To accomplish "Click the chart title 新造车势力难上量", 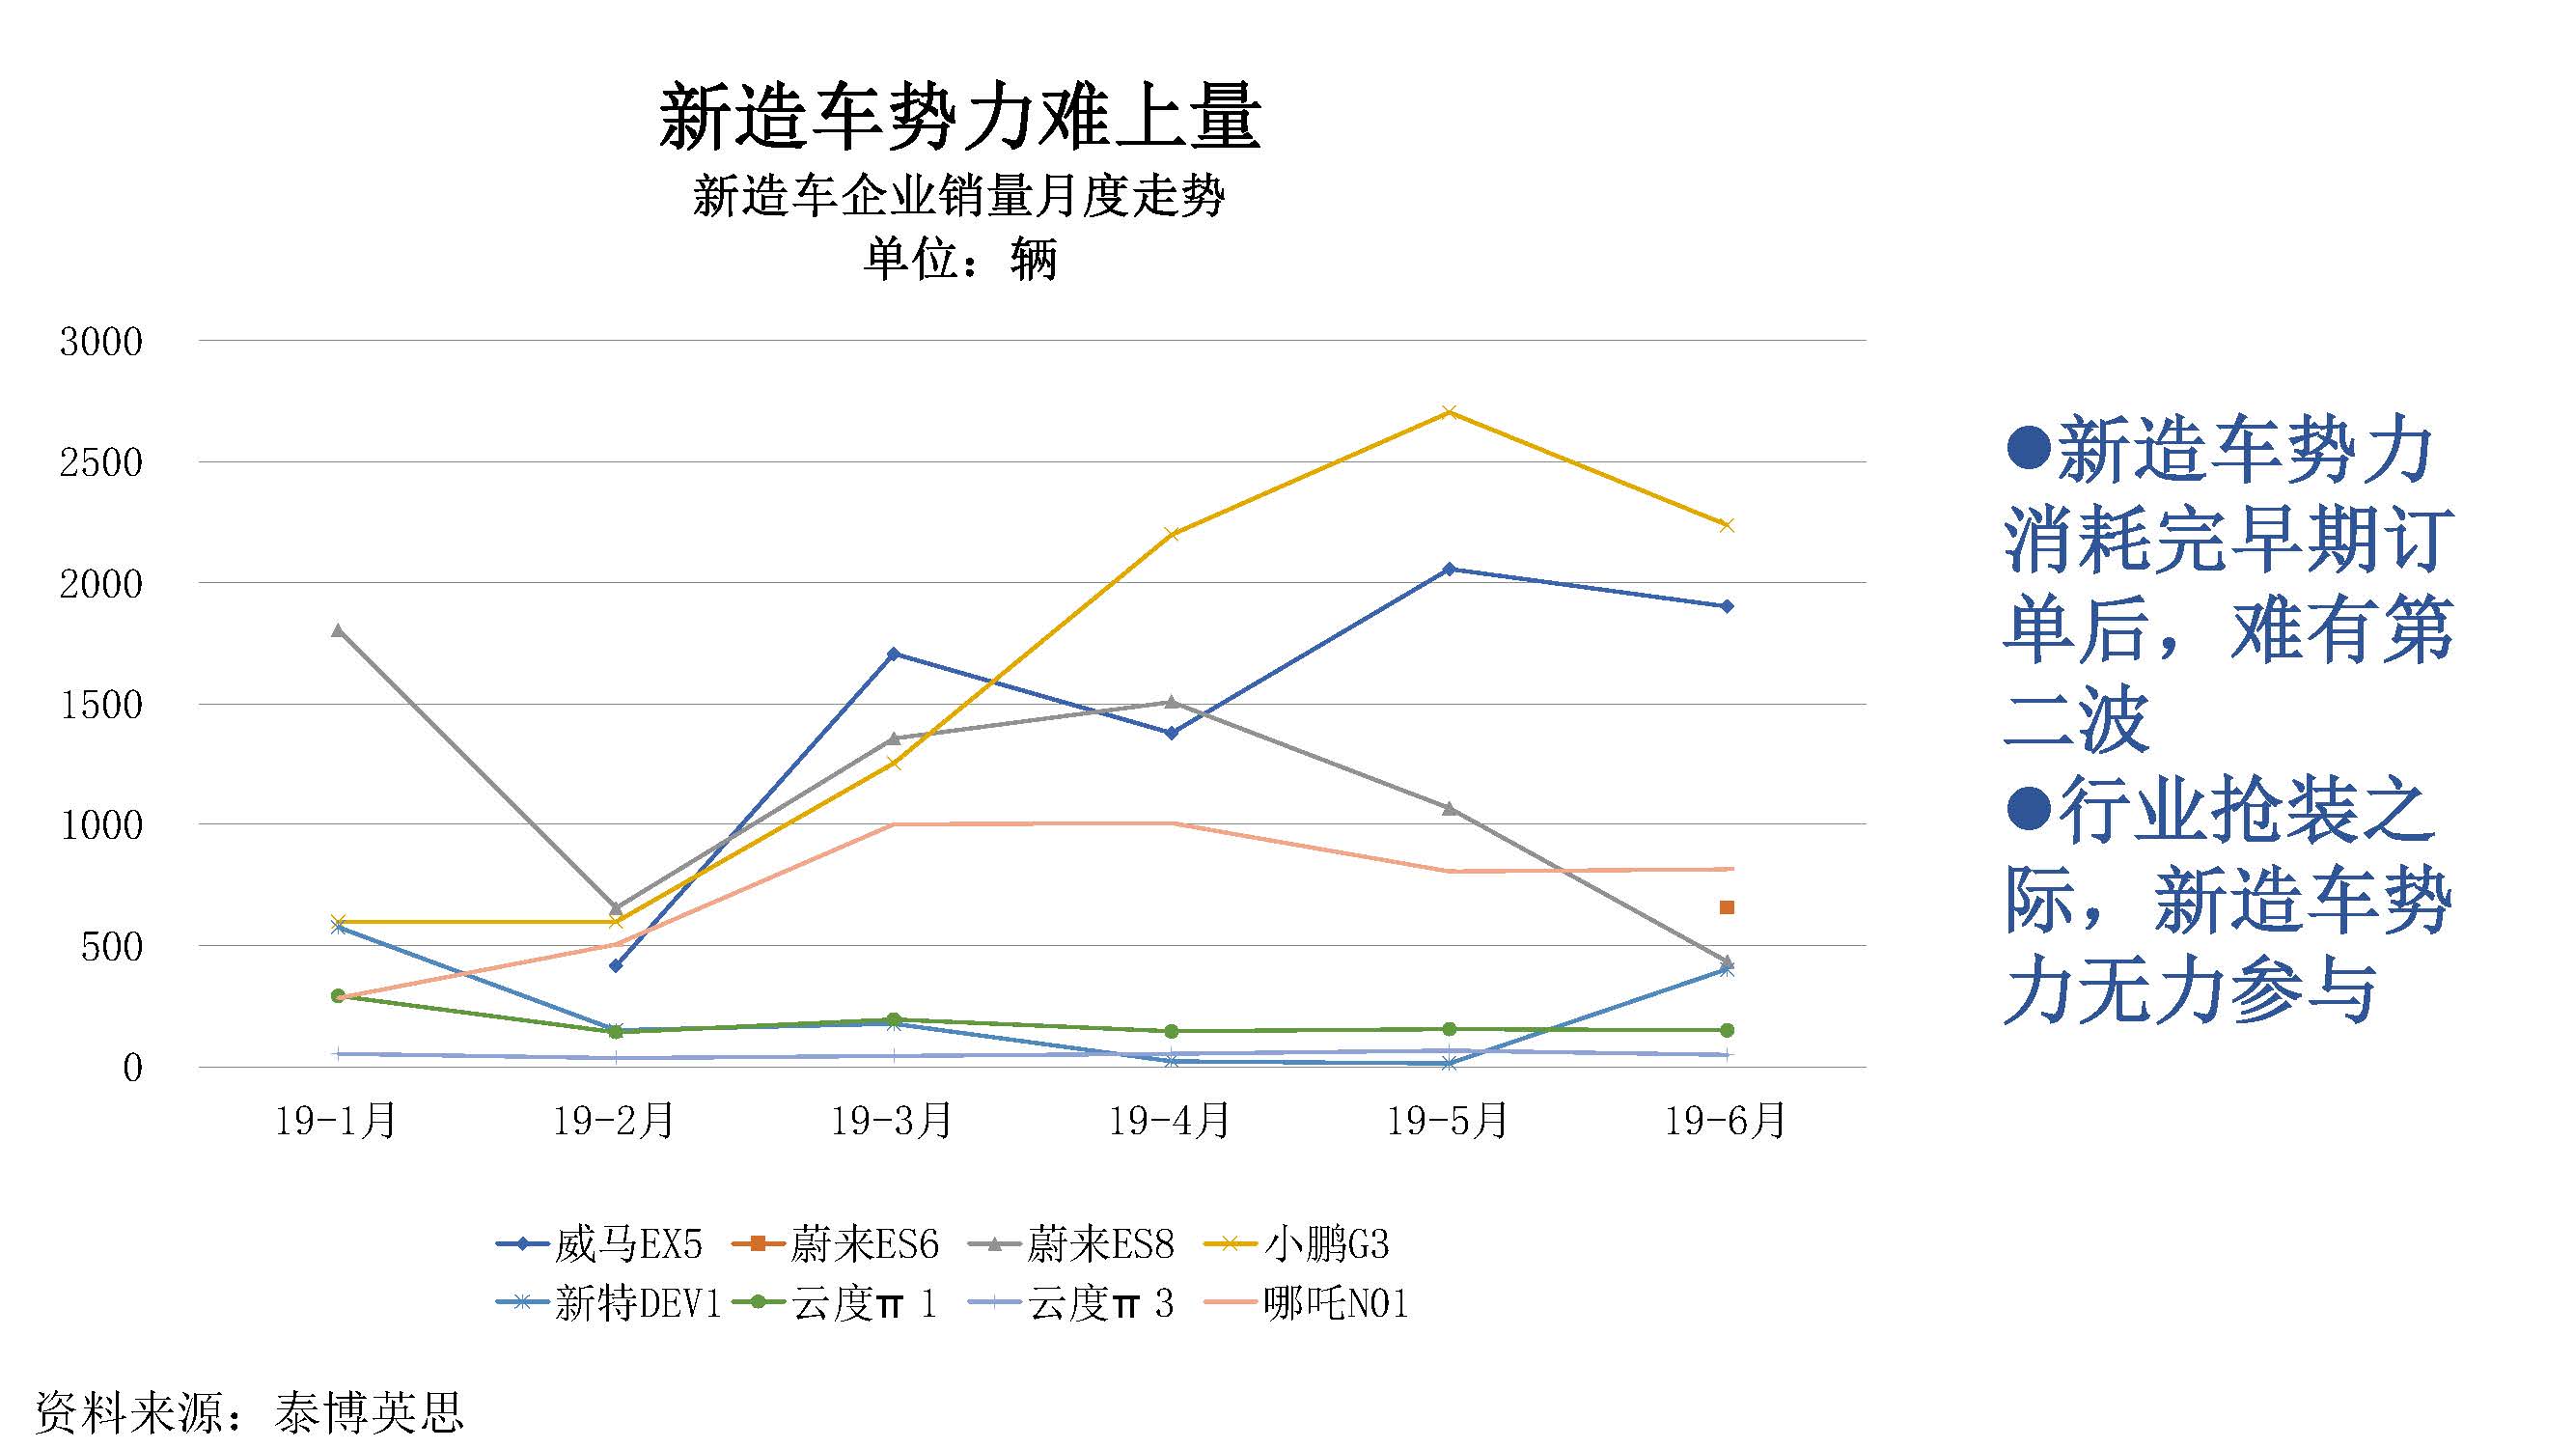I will pyautogui.click(x=959, y=118).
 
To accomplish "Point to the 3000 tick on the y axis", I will pyautogui.click(x=101, y=343).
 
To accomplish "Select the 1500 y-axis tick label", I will pyautogui.click(x=101, y=706).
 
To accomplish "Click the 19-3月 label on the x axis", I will pyautogui.click(x=893, y=1121).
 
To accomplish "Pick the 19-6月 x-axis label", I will pyautogui.click(x=1726, y=1121).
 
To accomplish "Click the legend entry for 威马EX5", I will pyautogui.click(x=599, y=1244).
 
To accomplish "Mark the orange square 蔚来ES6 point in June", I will pyautogui.click(x=1727, y=907).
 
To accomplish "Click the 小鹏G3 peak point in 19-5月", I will pyautogui.click(x=1449, y=412).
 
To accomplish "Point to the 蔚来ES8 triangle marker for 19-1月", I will pyautogui.click(x=338, y=630).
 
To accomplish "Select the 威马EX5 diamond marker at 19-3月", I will pyautogui.click(x=894, y=654).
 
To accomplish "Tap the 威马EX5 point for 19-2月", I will pyautogui.click(x=616, y=965).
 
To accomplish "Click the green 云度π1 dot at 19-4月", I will pyautogui.click(x=1171, y=1031).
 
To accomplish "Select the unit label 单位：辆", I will pyautogui.click(x=959, y=260).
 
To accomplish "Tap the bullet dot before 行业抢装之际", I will pyautogui.click(x=2028, y=808).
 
